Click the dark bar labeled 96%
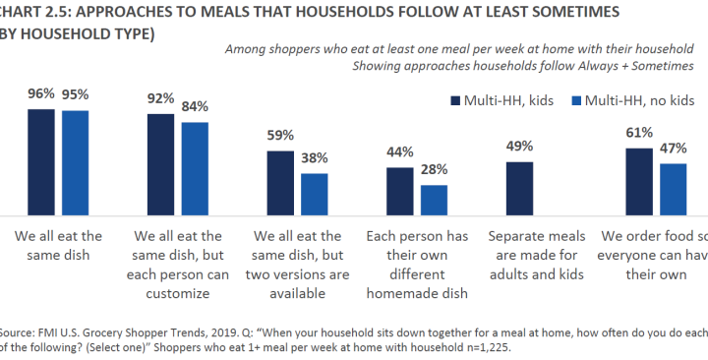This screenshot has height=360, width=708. pyautogui.click(x=41, y=162)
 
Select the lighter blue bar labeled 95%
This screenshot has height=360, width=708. pyautogui.click(x=76, y=163)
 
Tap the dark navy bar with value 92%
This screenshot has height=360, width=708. pyautogui.click(x=160, y=164)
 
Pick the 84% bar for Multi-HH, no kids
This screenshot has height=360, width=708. pyautogui.click(x=196, y=168)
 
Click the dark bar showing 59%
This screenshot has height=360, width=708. pyautogui.click(x=280, y=183)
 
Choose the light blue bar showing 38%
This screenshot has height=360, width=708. pyautogui.click(x=315, y=194)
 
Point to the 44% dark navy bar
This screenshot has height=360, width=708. pyautogui.click(x=399, y=191)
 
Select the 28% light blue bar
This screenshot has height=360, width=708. pyautogui.click(x=434, y=200)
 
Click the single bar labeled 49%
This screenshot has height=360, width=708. pyautogui.click(x=519, y=188)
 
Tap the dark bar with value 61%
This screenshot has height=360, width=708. pyautogui.click(x=638, y=182)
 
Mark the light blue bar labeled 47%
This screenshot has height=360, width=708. pyautogui.click(x=673, y=189)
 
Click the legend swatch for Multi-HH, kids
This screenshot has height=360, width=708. pyautogui.click(x=455, y=100)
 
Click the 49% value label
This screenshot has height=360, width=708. pyautogui.click(x=519, y=148)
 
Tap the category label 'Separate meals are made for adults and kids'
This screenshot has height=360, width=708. pyautogui.click(x=536, y=255)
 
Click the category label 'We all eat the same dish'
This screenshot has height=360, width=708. pyautogui.click(x=58, y=245)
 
